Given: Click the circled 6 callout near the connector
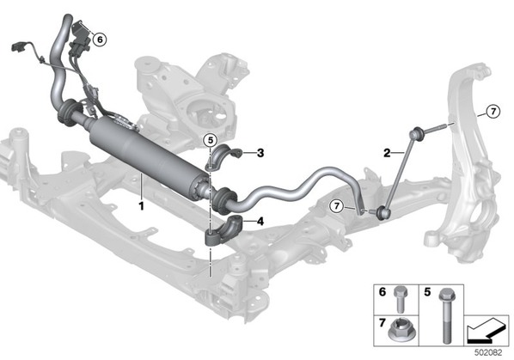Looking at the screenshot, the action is (x=100, y=40).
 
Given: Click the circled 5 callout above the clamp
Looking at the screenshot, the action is (x=210, y=141).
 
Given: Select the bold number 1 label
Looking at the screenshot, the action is (x=141, y=206).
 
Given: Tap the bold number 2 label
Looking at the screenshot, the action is (x=387, y=153).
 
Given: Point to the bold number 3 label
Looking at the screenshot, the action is (x=260, y=153).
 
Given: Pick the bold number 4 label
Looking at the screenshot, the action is (x=260, y=222).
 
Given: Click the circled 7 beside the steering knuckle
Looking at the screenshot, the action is (x=493, y=112).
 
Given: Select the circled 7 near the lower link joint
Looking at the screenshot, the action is (x=336, y=206).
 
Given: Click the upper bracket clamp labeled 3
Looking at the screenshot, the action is (x=223, y=156).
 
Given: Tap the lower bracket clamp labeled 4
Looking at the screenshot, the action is (x=223, y=230).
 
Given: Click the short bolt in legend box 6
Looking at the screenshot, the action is (x=400, y=299).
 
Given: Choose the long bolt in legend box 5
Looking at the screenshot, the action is (x=446, y=315).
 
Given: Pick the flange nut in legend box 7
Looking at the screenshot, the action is (x=401, y=330).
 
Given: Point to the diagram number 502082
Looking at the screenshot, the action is (x=488, y=352).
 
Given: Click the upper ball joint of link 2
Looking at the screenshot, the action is (x=417, y=133).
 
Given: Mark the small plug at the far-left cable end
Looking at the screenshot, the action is (x=17, y=47).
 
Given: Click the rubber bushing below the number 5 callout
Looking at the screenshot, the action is (x=225, y=198).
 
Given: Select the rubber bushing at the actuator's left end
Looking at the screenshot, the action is (x=68, y=113).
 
